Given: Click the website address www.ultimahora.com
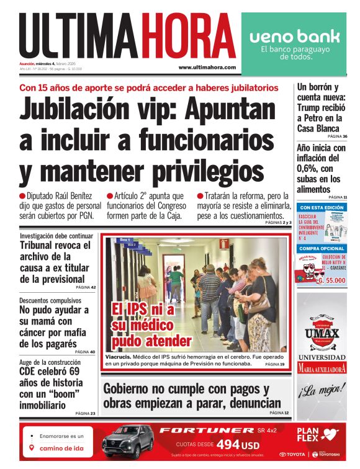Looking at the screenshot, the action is pyautogui.click(x=207, y=68).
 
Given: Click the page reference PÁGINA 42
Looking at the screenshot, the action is pyautogui.click(x=85, y=288).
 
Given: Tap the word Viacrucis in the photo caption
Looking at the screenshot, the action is pyautogui.click(x=117, y=357).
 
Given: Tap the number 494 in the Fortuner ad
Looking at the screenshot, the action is pyautogui.click(x=227, y=445).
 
